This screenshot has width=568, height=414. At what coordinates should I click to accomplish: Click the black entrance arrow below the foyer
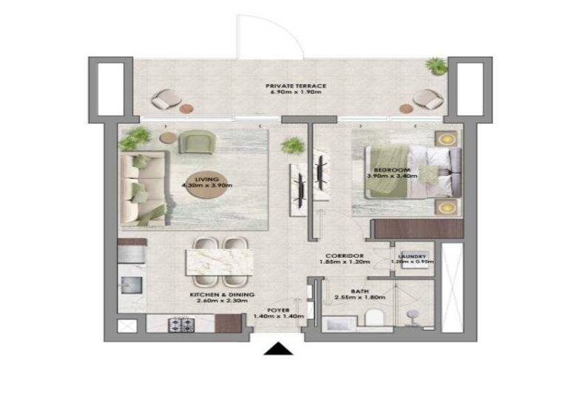[278, 348]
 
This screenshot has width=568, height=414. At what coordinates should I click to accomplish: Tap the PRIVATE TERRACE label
[296, 86]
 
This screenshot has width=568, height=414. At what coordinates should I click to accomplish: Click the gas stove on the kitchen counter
[180, 323]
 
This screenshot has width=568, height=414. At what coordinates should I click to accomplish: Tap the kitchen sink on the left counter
[132, 283]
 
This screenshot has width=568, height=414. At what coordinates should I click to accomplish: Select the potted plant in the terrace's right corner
[437, 65]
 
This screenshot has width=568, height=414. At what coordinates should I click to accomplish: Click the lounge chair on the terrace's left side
[167, 98]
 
